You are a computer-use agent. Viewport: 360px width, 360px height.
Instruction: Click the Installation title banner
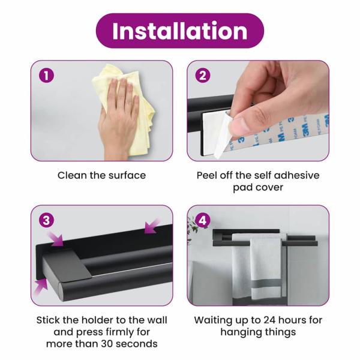[180, 31]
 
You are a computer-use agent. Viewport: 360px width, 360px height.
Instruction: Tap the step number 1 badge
[46, 76]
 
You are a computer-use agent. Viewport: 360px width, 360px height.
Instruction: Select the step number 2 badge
[203, 76]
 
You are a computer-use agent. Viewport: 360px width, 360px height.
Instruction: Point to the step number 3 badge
[46, 220]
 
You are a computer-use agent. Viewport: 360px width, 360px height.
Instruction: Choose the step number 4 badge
[203, 220]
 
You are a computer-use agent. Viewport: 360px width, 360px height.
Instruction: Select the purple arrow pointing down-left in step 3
[152, 226]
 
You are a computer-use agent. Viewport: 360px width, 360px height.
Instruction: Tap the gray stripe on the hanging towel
[266, 286]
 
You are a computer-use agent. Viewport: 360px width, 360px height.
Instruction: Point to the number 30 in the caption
[107, 344]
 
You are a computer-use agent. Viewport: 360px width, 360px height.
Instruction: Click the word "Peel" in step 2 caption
[207, 175]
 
